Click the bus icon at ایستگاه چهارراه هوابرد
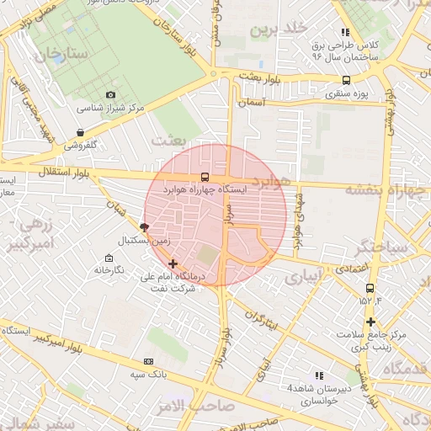[205, 178]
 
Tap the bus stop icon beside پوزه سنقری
[346, 82]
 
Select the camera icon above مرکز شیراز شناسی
[110, 95]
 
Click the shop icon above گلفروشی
[80, 132]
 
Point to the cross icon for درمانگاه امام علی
[173, 263]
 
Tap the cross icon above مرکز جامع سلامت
[370, 322]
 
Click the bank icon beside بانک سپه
[149, 361]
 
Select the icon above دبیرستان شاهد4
[318, 375]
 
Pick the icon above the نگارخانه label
[109, 258]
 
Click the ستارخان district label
[61, 55]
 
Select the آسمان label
[253, 102]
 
